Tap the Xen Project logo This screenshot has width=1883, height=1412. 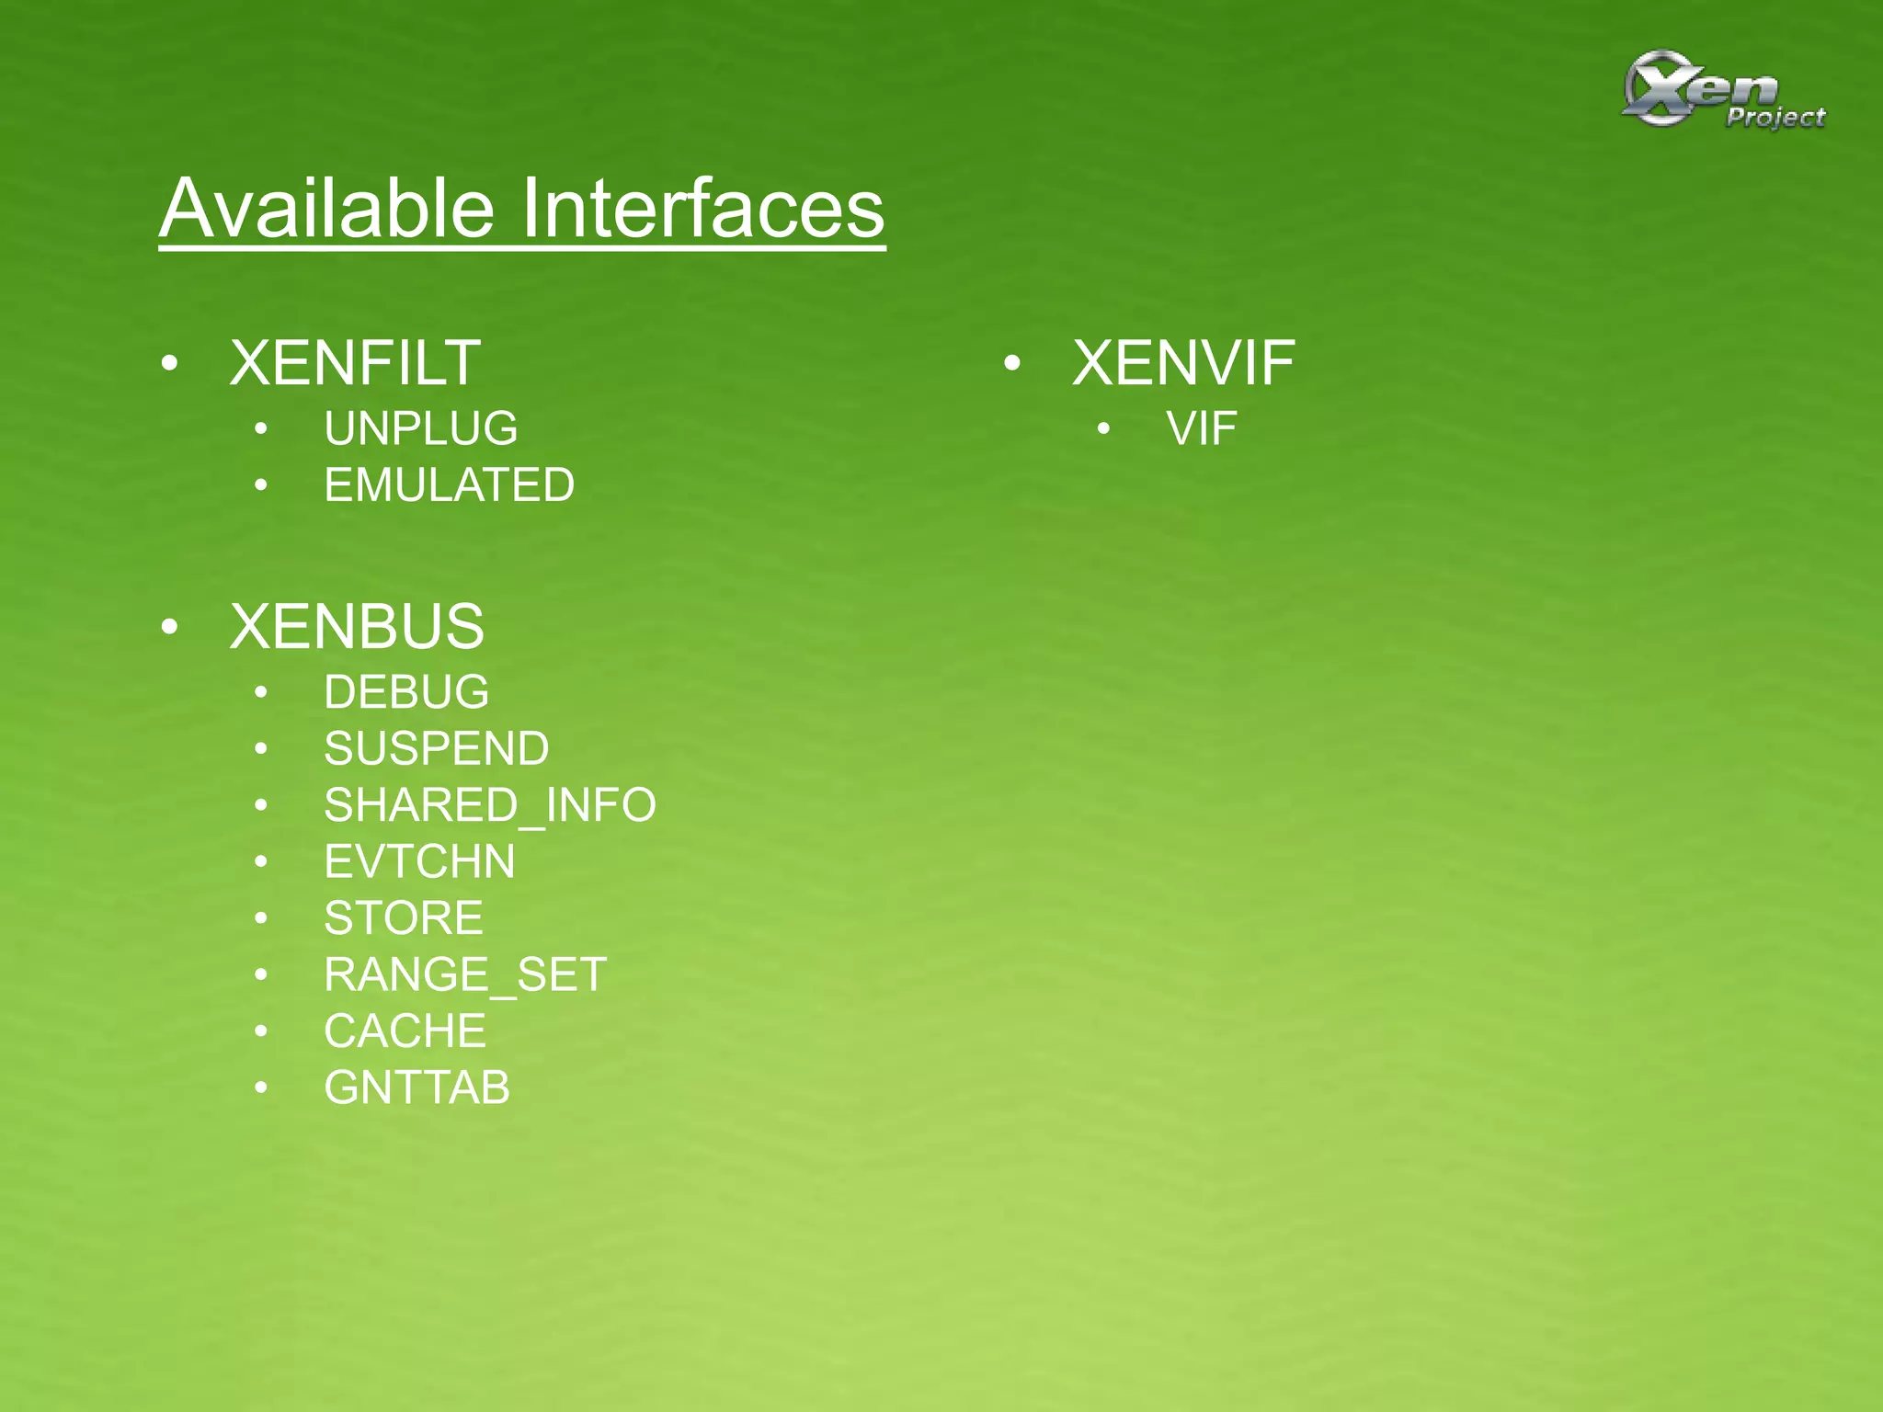click(1721, 90)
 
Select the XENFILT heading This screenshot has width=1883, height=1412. click(355, 363)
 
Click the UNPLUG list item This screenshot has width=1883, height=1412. click(420, 429)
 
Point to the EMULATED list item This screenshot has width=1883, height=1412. click(449, 485)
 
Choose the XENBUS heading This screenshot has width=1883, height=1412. click(357, 627)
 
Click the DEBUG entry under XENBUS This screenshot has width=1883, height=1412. click(405, 692)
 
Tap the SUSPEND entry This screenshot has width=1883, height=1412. click(436, 748)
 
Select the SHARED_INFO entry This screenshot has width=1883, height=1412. click(489, 805)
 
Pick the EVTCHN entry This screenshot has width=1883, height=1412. click(419, 862)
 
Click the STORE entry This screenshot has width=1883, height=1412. click(403, 918)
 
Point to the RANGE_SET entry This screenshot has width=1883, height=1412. click(464, 974)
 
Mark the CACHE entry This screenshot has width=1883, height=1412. click(405, 1031)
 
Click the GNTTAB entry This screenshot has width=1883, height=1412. click(417, 1088)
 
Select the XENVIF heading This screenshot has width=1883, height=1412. click(1183, 363)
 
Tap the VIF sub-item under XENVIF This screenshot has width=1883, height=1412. click(1201, 429)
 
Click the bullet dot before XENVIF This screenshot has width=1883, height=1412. click(1012, 364)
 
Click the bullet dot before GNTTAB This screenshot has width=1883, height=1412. click(261, 1088)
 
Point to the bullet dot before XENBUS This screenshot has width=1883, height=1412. click(169, 628)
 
